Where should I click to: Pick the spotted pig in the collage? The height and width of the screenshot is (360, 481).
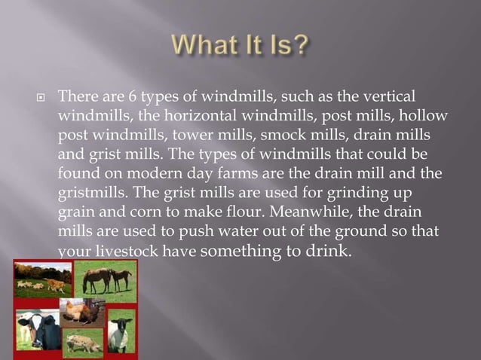click(x=84, y=342)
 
